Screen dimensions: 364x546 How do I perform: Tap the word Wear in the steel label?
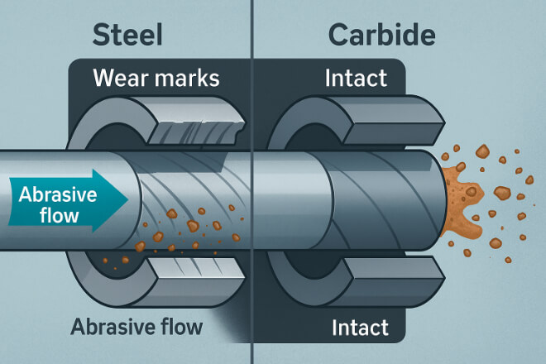(x=117, y=81)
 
